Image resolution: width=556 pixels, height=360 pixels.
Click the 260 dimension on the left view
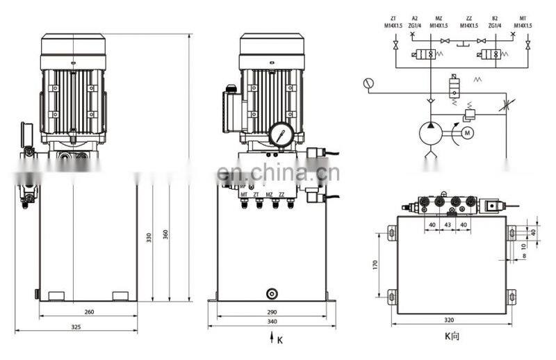coord(88,312)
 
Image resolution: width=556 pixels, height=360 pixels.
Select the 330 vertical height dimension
coord(149,237)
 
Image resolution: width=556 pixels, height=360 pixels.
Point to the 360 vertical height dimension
coord(165,235)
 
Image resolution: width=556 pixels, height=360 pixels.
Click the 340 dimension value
coord(272,322)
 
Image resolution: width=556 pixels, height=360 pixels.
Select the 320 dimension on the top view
coord(449,321)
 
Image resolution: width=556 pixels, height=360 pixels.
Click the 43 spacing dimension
coord(448,224)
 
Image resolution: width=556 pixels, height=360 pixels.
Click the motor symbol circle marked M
coord(468,132)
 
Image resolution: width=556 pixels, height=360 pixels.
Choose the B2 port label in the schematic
coord(495,18)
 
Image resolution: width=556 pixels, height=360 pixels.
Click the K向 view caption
coord(452,337)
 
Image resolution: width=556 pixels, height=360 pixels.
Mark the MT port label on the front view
coord(244,195)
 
